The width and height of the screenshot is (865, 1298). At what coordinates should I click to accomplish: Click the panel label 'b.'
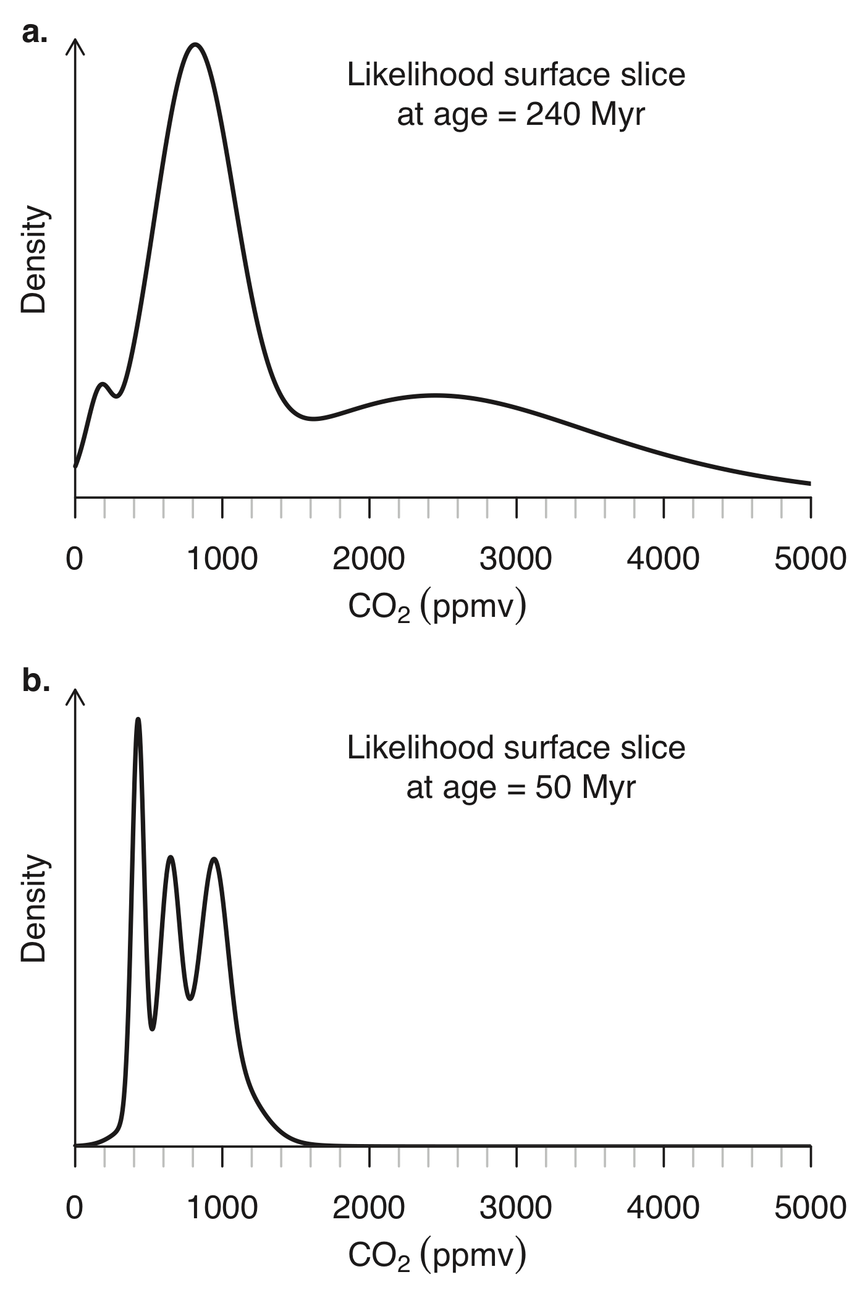(x=36, y=681)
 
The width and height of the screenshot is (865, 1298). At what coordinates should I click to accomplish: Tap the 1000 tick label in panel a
(x=222, y=559)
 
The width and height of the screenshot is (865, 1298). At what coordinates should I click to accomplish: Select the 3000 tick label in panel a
(x=516, y=559)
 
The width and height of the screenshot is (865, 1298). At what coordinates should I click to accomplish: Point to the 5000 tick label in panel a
(x=810, y=559)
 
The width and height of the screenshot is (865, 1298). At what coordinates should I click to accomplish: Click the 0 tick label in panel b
(x=75, y=1207)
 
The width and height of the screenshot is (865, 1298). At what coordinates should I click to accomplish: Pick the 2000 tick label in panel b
(x=369, y=1207)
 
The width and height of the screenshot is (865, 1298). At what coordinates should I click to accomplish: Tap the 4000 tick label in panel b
(x=663, y=1207)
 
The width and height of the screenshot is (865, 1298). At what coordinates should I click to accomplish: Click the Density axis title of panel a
(x=35, y=260)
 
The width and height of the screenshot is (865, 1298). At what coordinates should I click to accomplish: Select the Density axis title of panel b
(x=35, y=908)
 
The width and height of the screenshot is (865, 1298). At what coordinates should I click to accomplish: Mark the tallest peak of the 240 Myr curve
(x=195, y=45)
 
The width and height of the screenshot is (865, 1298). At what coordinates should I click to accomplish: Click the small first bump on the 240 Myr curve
(x=103, y=384)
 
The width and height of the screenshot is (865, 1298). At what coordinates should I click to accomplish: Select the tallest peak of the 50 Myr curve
(x=138, y=719)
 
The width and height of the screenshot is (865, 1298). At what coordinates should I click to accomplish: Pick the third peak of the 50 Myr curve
(x=214, y=859)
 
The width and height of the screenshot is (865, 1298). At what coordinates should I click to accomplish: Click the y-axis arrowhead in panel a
(x=75, y=45)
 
